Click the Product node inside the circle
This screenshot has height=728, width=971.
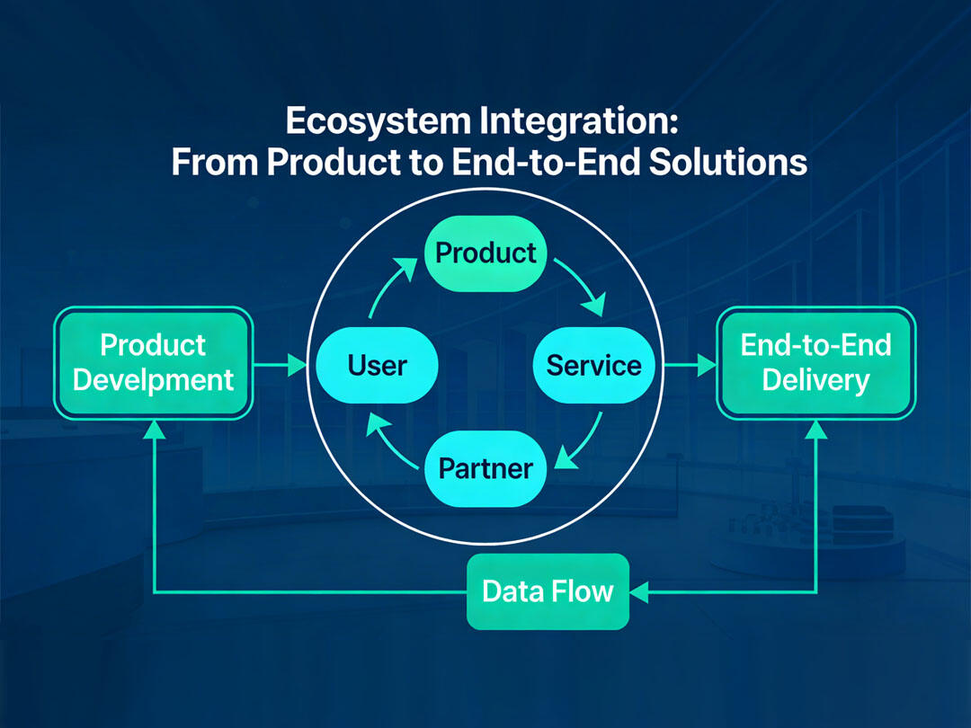click(x=485, y=253)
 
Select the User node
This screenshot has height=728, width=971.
click(x=377, y=365)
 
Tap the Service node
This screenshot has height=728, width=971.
click(x=594, y=365)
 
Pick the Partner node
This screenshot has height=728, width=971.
click(x=485, y=468)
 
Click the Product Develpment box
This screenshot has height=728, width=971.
click(x=154, y=363)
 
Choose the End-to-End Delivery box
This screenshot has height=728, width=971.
click(x=816, y=363)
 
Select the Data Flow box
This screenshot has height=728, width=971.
click(x=548, y=591)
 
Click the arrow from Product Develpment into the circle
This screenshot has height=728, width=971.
click(x=281, y=365)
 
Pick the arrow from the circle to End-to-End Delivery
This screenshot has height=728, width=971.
click(x=690, y=365)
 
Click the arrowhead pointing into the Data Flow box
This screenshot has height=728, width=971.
click(x=639, y=592)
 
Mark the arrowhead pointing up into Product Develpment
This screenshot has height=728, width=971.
click(x=154, y=430)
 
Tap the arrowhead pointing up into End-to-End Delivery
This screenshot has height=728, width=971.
click(x=816, y=430)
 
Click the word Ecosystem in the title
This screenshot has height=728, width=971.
click(x=378, y=121)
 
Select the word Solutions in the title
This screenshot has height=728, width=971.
click(x=728, y=162)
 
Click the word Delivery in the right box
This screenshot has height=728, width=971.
click(x=816, y=381)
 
